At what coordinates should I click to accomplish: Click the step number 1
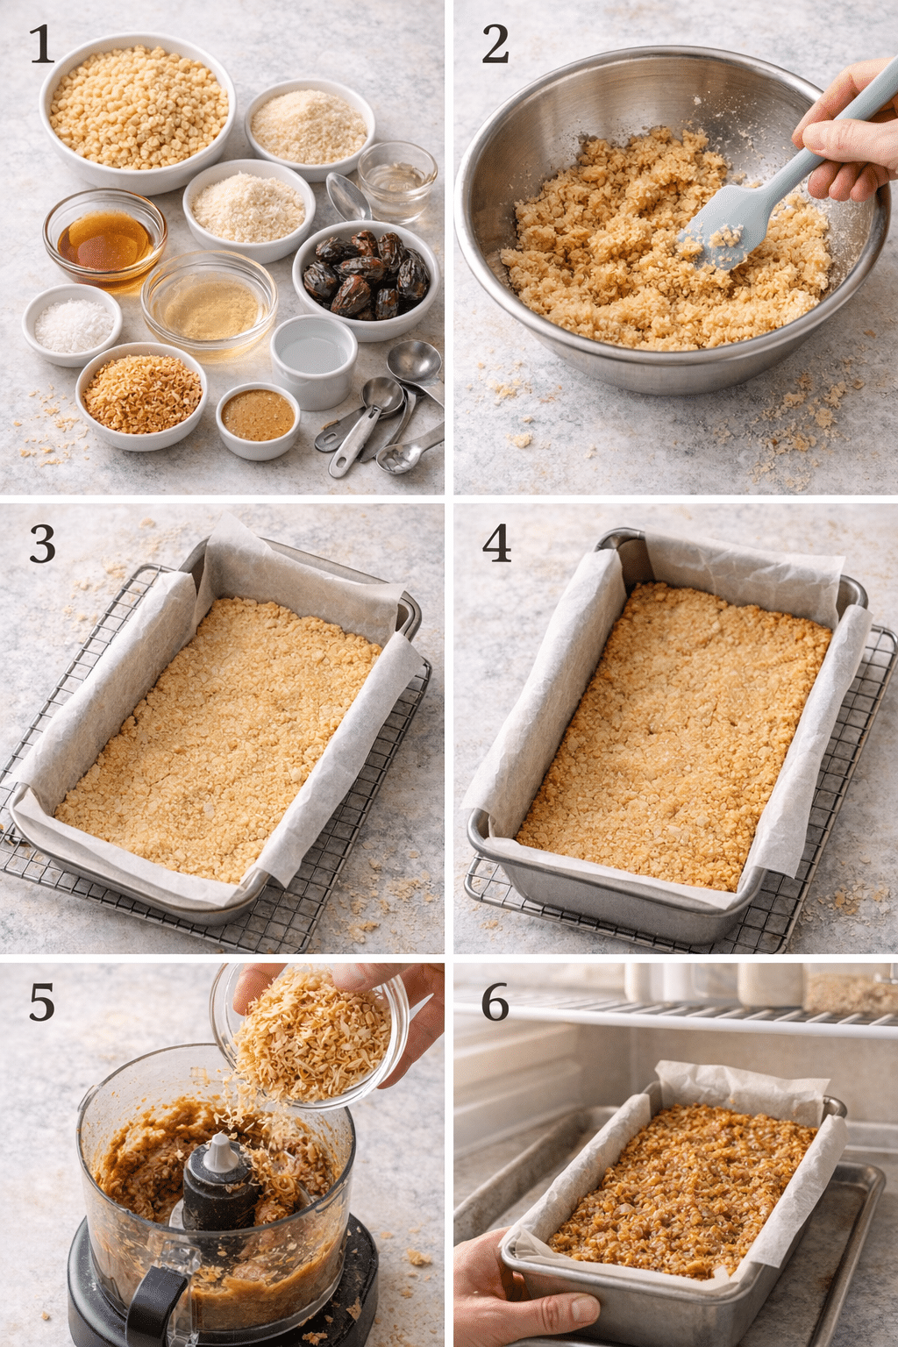tap(41, 46)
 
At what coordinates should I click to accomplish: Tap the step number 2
tap(495, 46)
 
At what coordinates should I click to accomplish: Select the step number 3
tap(42, 545)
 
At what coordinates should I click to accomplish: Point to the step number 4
tap(496, 545)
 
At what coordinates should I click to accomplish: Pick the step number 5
tap(42, 1002)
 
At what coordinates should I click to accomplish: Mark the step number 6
tap(495, 1002)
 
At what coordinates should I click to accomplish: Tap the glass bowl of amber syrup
tap(105, 238)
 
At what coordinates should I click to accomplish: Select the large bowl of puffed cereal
tap(138, 110)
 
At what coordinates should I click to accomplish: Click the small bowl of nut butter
tap(257, 417)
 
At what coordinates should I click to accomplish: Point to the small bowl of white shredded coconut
tap(72, 324)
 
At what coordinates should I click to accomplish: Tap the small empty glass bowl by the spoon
tap(396, 178)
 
